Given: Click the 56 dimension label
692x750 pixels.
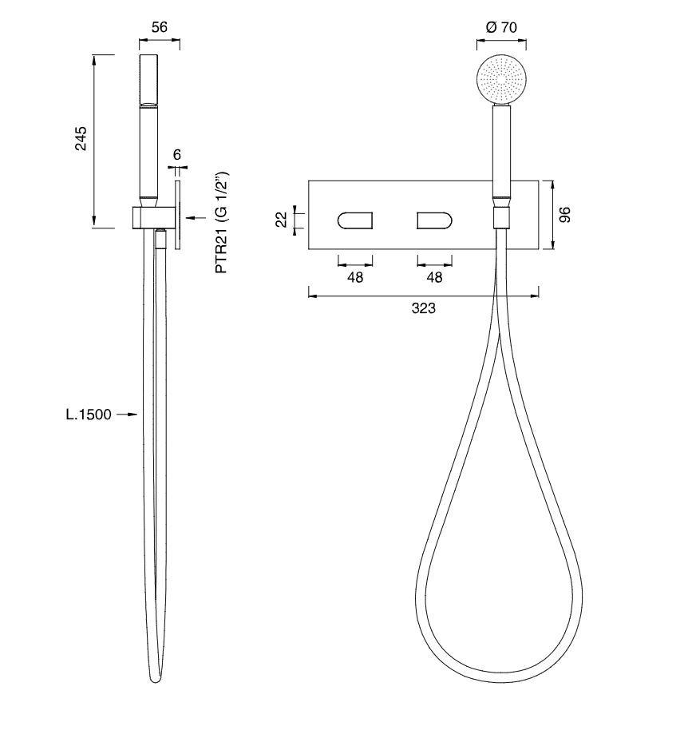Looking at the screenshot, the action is click(160, 27).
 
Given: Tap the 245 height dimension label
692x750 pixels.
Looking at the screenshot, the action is click(81, 139).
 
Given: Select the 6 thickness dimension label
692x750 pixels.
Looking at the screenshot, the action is click(177, 155).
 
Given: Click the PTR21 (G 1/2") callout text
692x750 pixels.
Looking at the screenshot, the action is click(222, 222).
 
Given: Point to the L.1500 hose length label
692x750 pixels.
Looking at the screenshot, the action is click(89, 415).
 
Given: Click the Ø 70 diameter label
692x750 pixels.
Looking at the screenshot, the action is click(501, 27).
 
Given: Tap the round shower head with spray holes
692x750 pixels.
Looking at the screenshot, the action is click(501, 79).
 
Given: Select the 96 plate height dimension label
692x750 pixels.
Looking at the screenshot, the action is click(565, 215).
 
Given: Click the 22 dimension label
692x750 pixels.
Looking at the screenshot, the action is click(283, 220).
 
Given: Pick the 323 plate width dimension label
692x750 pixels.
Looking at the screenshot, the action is click(423, 308).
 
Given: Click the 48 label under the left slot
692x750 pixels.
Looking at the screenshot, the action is click(355, 277).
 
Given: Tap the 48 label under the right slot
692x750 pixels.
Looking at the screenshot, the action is click(434, 277).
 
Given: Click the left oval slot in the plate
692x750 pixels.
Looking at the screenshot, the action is click(355, 220).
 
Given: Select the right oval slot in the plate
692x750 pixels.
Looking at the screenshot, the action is click(434, 220).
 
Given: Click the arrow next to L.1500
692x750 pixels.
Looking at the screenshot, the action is click(127, 415).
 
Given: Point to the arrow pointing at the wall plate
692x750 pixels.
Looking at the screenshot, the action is click(196, 218).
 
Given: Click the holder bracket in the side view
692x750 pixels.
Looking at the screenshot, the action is click(152, 217).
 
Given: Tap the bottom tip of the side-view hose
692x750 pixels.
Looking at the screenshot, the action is click(155, 681).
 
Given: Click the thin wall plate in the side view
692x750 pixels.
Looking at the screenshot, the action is click(178, 215).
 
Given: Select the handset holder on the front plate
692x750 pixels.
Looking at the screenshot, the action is click(501, 217).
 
